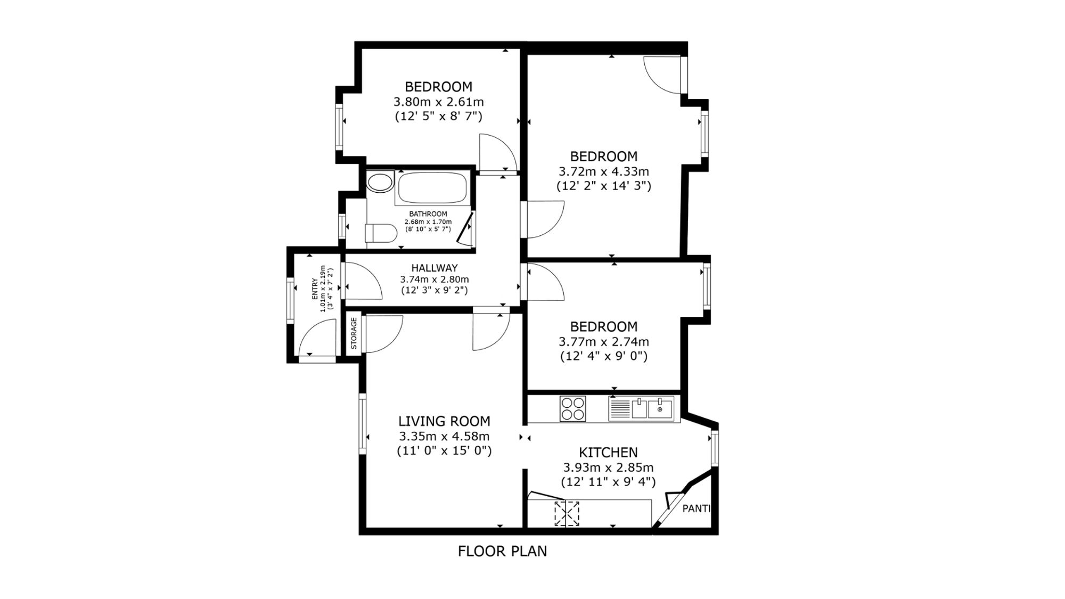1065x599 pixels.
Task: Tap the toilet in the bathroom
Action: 381,233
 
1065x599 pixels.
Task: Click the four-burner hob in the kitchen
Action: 572,408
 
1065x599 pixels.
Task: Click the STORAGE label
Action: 354,333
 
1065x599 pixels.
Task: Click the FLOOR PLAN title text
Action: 502,551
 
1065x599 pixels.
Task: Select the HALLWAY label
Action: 434,268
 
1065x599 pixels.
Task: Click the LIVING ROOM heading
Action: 444,421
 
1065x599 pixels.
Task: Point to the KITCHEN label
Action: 608,453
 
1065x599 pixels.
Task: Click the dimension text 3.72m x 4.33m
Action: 603,171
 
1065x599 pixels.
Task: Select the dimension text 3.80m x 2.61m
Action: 438,101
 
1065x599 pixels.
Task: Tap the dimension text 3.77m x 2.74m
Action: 603,341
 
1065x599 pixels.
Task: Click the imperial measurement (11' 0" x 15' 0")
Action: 444,451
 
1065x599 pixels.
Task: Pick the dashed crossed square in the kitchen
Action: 567,513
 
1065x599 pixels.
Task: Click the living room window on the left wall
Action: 362,424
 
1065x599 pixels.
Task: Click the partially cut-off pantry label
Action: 697,508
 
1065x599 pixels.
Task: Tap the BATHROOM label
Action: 428,214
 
